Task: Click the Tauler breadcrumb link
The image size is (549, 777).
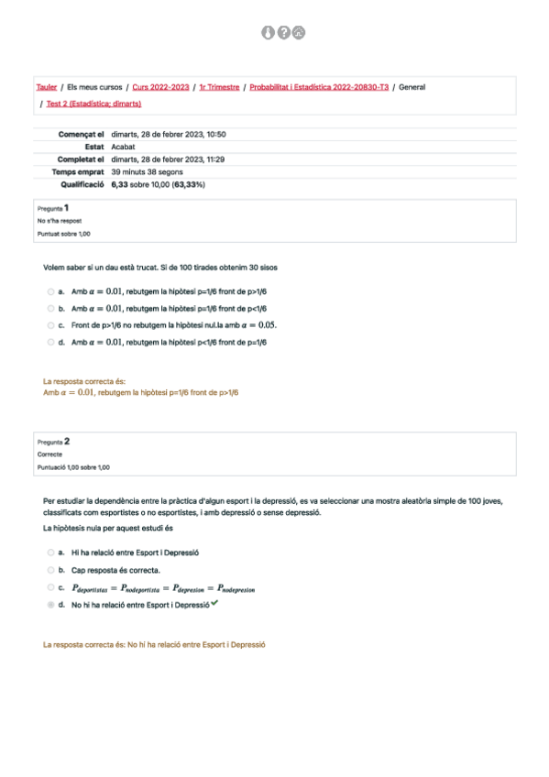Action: (x=46, y=87)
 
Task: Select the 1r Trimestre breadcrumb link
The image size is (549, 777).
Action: (x=219, y=87)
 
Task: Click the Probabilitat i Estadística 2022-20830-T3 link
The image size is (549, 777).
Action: (x=319, y=87)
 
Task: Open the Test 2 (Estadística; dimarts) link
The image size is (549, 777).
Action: (x=88, y=104)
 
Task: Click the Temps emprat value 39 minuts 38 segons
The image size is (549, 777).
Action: (x=148, y=171)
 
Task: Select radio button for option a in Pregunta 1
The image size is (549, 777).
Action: (x=50, y=291)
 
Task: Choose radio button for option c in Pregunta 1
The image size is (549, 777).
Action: (x=50, y=325)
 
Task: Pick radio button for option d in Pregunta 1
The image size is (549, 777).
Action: (x=50, y=342)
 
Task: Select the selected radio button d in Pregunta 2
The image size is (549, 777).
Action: (x=50, y=606)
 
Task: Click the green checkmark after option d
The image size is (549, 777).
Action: (x=214, y=605)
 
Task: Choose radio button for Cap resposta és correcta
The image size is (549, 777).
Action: (x=50, y=570)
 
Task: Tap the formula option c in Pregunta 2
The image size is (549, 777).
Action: (x=147, y=587)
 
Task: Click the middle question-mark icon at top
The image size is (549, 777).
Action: (x=283, y=33)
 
